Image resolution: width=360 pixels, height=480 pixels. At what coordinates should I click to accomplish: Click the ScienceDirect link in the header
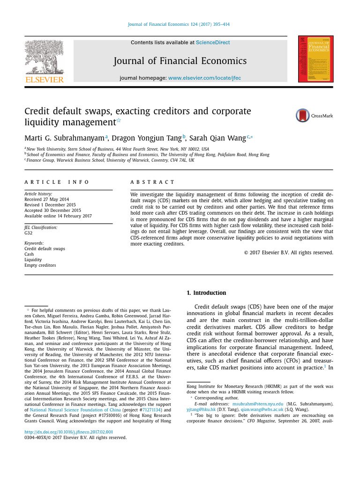[213, 43]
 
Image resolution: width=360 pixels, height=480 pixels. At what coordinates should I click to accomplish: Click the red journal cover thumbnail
[316, 59]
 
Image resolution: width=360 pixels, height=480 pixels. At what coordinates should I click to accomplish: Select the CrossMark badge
[314, 115]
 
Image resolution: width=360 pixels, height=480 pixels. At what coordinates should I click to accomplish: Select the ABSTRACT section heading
[152, 182]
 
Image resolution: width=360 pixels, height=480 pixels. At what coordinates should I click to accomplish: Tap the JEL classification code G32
[28, 232]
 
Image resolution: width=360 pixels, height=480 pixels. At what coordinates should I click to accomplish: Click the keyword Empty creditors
[40, 265]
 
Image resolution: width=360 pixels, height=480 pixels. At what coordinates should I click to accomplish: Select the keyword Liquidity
[33, 260]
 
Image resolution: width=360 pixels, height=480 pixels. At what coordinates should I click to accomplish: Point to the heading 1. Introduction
[206, 293]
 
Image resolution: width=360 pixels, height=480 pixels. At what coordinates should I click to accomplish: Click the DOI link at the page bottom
[68, 432]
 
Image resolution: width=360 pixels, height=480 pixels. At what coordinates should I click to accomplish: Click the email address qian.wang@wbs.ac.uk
[262, 409]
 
